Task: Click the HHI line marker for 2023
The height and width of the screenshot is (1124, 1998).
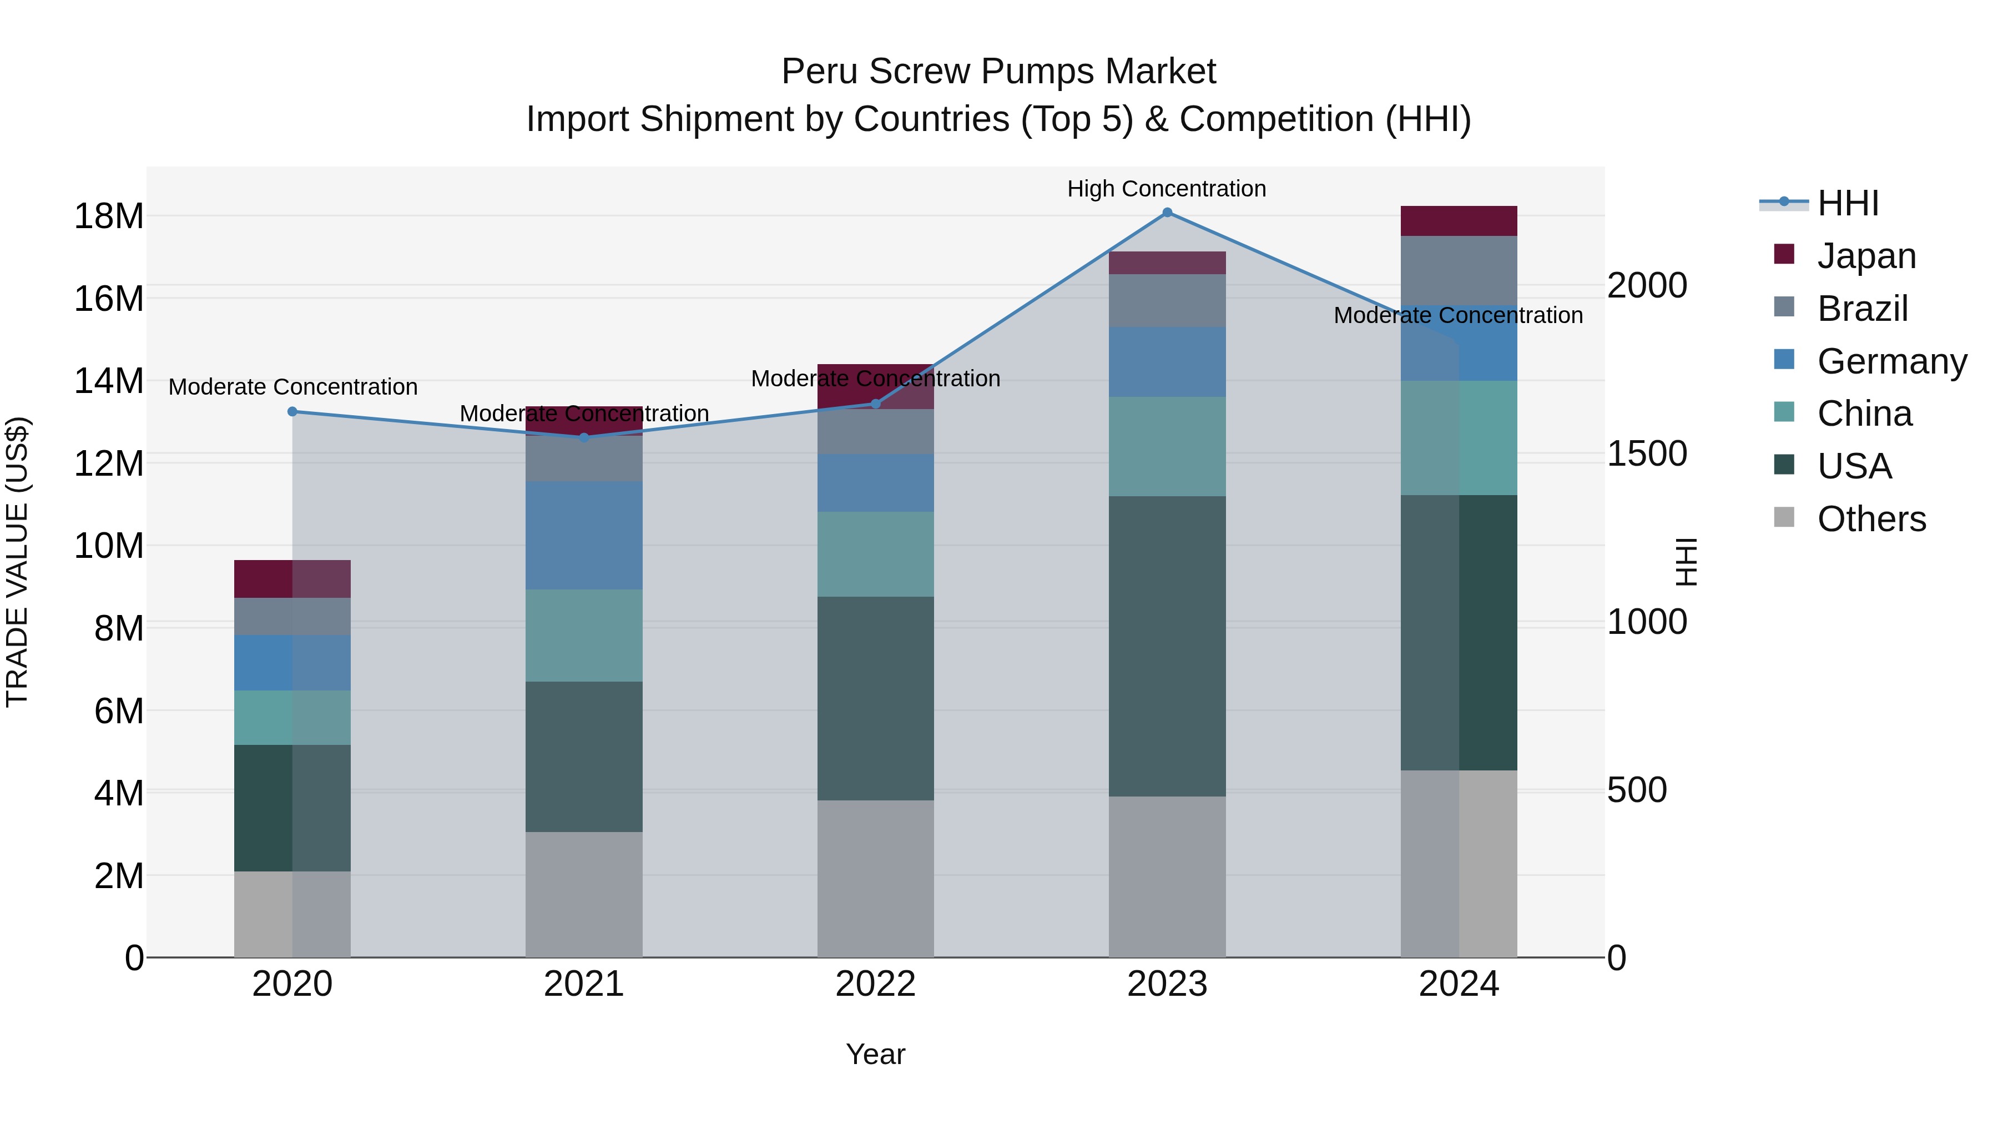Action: [1167, 213]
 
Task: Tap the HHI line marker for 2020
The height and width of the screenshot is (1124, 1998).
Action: [292, 412]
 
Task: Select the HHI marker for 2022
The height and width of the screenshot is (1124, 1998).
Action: [876, 404]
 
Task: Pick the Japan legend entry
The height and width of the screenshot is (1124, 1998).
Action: [1865, 256]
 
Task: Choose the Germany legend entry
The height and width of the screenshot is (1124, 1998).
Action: [1891, 361]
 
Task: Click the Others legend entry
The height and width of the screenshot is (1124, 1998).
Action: [1871, 519]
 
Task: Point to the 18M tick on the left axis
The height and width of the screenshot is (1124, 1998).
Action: [109, 216]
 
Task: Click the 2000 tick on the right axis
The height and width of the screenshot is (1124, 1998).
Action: [1647, 285]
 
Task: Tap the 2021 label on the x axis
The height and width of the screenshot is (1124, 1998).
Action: [583, 984]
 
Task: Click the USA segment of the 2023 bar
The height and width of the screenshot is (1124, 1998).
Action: [1167, 646]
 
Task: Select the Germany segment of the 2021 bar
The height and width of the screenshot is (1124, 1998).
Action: [583, 535]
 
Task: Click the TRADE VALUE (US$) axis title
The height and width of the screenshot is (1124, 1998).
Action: [17, 562]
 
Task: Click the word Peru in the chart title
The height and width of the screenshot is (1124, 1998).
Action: [820, 72]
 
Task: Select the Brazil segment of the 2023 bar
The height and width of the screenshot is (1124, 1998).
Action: [1167, 300]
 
